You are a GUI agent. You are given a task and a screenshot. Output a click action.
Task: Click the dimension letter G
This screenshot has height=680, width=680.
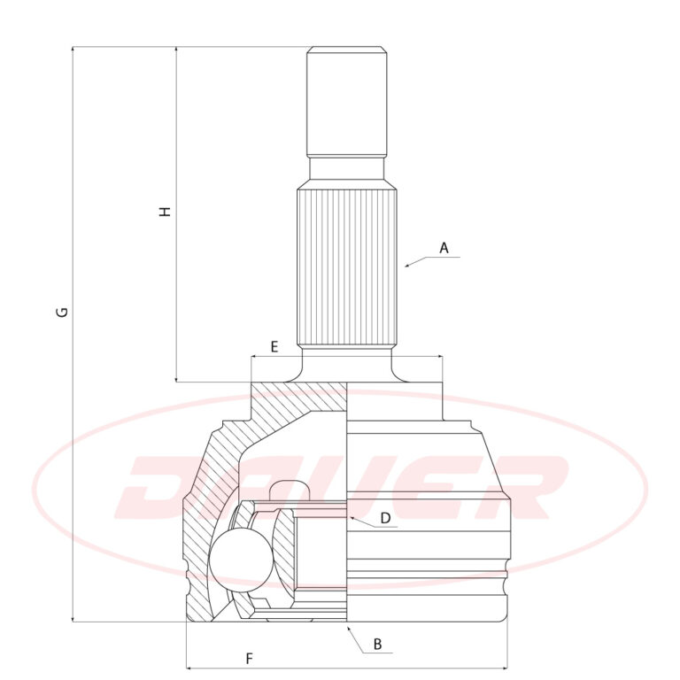(x=63, y=312)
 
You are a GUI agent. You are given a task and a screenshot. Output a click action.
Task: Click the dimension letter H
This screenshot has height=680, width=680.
(x=166, y=212)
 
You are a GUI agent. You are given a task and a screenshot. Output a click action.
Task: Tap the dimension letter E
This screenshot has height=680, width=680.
(x=274, y=347)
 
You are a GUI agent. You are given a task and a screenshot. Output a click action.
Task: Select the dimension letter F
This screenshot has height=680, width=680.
(x=249, y=659)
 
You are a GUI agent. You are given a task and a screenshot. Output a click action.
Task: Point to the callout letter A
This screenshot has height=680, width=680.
(x=444, y=248)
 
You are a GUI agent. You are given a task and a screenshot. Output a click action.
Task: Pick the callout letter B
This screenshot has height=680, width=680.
(x=377, y=644)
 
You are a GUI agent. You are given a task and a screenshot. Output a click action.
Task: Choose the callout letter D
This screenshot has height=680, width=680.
(x=385, y=518)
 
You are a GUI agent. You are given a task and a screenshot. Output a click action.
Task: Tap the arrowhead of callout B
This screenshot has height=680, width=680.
(x=348, y=629)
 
